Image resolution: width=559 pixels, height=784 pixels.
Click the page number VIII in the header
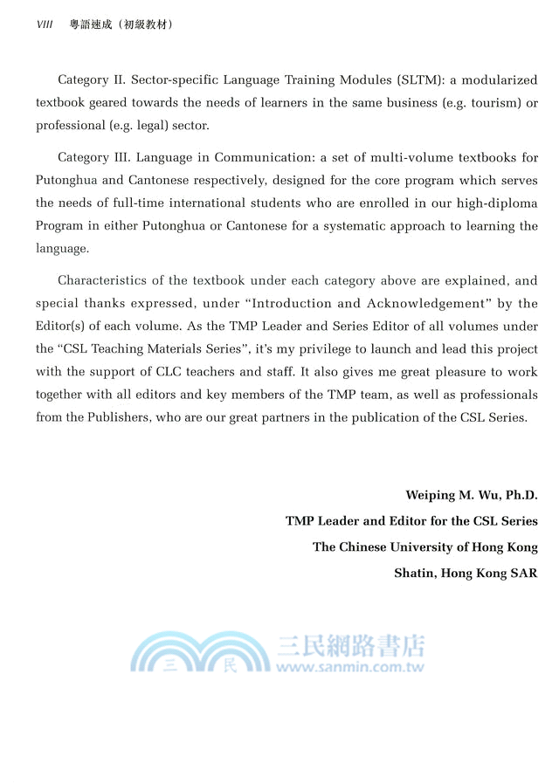(45, 24)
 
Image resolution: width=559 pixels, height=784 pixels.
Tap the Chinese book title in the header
(121, 24)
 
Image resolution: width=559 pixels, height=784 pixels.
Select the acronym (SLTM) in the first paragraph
(422, 80)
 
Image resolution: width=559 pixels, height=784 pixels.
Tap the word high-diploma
(496, 203)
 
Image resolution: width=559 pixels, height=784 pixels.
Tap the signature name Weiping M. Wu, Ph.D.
(471, 495)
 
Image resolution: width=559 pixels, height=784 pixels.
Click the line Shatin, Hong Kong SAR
(466, 574)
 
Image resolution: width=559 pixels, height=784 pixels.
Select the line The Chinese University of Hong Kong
(425, 547)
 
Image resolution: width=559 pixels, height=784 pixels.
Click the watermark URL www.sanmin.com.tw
(350, 667)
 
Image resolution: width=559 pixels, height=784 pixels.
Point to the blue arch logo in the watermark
(201, 653)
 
